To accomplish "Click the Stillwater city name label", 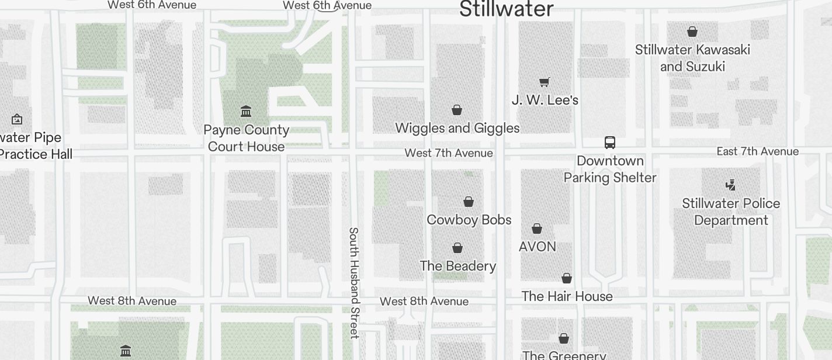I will tap(506, 9).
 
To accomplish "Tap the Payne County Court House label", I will tap(246, 138).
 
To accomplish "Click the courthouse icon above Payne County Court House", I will tap(246, 111).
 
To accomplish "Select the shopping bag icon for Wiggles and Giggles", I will tap(457, 110).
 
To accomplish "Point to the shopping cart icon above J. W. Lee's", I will tap(545, 82).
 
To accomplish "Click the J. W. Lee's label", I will tap(545, 100).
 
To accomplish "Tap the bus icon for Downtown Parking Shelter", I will tap(609, 143).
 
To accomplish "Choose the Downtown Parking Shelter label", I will tap(609, 169).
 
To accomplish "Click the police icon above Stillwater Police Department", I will tap(730, 185).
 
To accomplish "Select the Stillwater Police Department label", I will tap(731, 212).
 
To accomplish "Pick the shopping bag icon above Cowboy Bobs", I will tap(468, 202).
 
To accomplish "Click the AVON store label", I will tap(537, 247).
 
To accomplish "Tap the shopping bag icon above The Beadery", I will tap(457, 248).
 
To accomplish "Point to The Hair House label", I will tap(567, 296).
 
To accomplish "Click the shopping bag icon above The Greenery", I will tap(564, 338).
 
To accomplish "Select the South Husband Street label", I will tap(353, 283).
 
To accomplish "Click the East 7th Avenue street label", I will tap(757, 151).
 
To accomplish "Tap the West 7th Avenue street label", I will tap(449, 153).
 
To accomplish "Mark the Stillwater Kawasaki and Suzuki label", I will tap(692, 58).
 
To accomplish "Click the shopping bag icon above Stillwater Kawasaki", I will tap(692, 32).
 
